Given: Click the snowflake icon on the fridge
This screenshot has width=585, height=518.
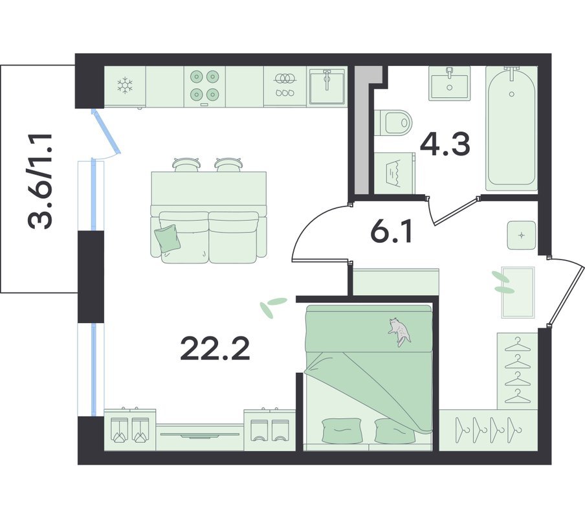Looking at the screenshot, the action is click(125, 85).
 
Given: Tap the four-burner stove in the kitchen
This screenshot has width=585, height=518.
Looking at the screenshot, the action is click(204, 86).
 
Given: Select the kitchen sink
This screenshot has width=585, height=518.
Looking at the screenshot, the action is click(327, 87).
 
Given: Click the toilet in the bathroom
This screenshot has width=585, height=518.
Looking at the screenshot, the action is click(393, 122).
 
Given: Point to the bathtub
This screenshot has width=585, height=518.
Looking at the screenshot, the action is click(511, 126).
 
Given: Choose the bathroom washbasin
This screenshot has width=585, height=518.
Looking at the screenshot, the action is click(450, 84).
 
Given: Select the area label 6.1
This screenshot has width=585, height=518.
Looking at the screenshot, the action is click(392, 231).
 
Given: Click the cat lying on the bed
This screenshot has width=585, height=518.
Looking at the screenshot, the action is click(399, 331).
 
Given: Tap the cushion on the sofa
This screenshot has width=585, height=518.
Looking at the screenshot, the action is click(167, 238).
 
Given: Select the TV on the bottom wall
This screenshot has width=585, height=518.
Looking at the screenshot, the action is click(200, 435).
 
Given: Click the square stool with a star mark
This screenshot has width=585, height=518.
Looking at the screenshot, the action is click(522, 235).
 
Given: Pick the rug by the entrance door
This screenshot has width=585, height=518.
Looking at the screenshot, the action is click(518, 292).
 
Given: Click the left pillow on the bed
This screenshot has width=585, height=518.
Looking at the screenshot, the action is click(342, 431).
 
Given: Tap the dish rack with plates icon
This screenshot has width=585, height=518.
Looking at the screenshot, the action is click(285, 85).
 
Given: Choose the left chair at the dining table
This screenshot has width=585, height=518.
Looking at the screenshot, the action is click(186, 164).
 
